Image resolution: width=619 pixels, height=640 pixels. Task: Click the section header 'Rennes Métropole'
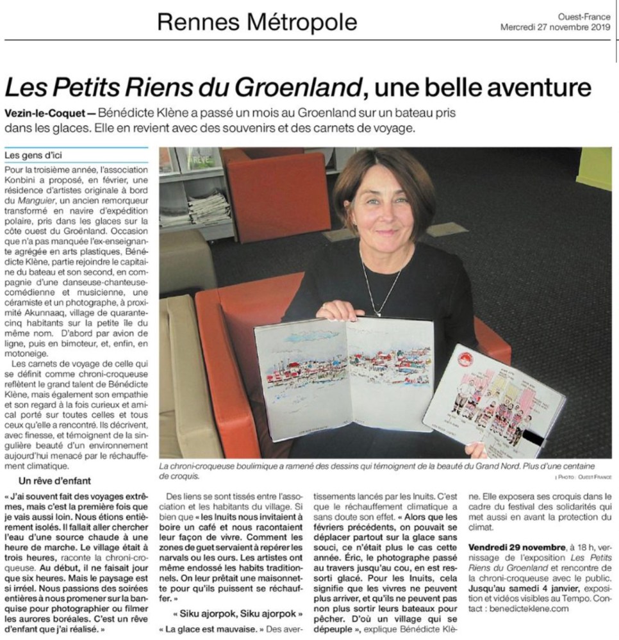pos(257,23)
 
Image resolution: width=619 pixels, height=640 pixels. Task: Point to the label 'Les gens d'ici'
pos(33,155)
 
